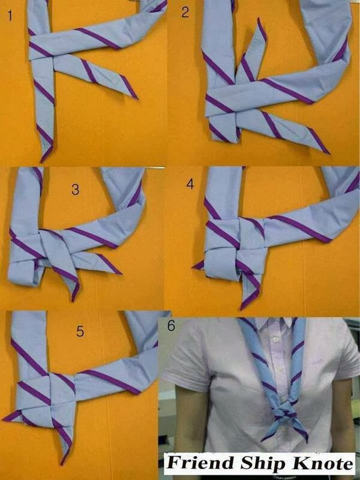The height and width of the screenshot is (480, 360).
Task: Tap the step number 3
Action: [75, 190]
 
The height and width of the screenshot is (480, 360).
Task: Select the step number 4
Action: [190, 184]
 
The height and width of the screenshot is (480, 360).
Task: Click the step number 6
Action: [172, 326]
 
